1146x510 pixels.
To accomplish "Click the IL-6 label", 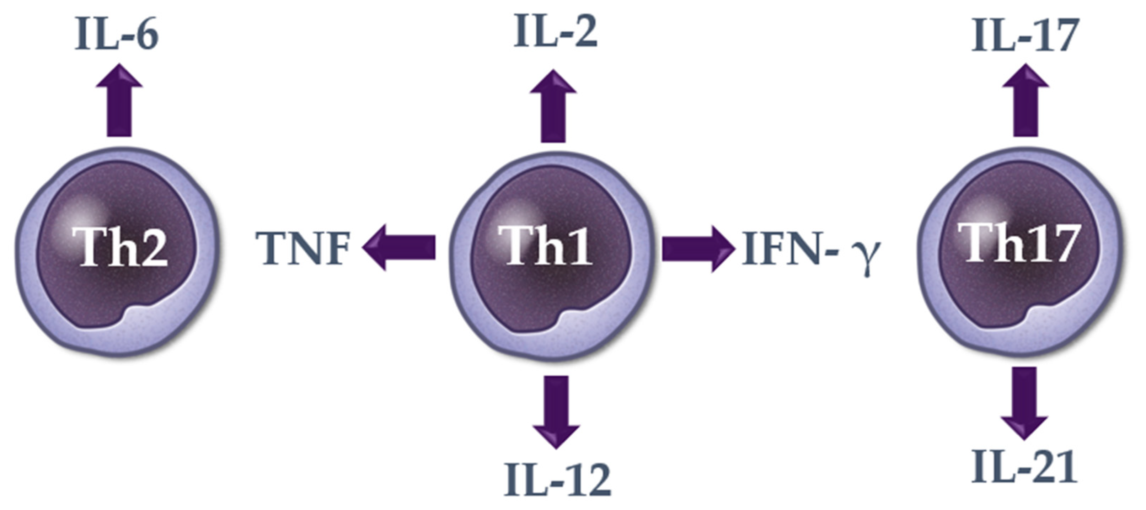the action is pos(117,35).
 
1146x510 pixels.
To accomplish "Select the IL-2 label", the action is pos(555,31).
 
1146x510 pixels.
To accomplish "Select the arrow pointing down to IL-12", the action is pos(556,411).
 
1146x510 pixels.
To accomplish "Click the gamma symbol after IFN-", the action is pos(868,258).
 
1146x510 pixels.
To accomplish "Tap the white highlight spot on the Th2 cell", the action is pos(78,218).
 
